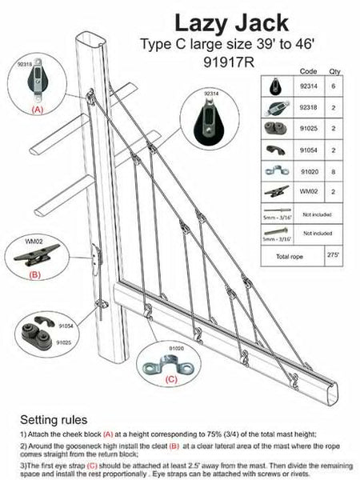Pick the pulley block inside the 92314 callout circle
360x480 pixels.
(x=209, y=120)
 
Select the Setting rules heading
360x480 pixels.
(x=54, y=418)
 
